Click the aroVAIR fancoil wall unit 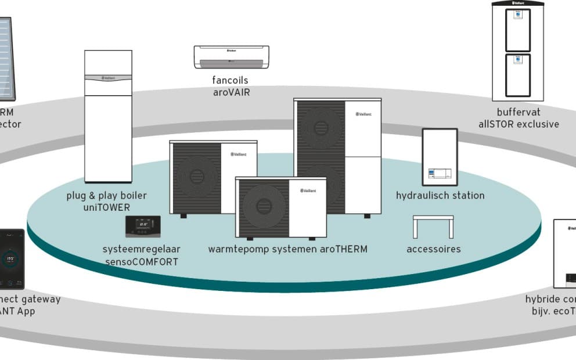tap(231, 57)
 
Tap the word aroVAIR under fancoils tap(231, 92)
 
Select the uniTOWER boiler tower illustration tap(108, 116)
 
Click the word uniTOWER tap(107, 207)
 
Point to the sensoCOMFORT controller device tap(143, 226)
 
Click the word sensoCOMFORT tap(142, 261)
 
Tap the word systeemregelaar tap(142, 249)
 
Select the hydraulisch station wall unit tap(440, 156)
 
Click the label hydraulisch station tap(440, 195)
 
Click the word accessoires tap(434, 249)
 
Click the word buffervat tap(519, 112)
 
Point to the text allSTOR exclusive tap(519, 124)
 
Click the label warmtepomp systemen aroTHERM tap(288, 249)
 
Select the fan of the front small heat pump tap(264, 206)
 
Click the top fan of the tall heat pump tap(321, 128)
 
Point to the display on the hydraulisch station tap(439, 173)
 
